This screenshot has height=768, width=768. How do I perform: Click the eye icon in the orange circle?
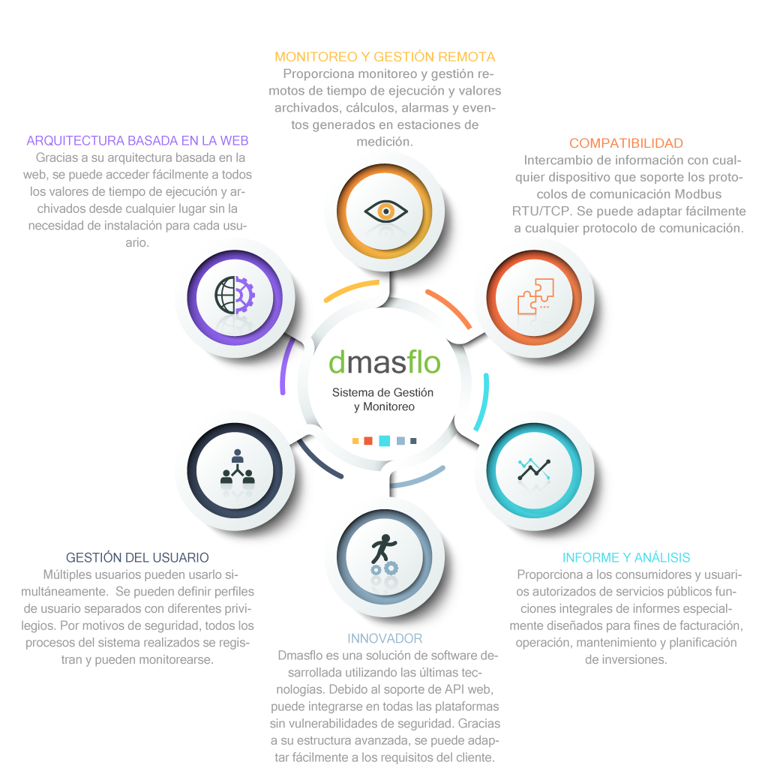tap(385, 211)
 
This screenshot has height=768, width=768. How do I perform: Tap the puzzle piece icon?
tap(535, 296)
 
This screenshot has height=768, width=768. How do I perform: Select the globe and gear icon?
tap(235, 295)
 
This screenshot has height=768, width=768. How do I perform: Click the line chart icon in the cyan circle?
tap(534, 469)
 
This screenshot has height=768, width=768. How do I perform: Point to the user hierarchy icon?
tap(238, 466)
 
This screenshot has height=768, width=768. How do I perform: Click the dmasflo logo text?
tap(385, 362)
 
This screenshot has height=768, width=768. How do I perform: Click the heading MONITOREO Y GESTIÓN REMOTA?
tap(385, 57)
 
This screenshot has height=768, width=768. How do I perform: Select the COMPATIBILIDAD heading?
tap(626, 143)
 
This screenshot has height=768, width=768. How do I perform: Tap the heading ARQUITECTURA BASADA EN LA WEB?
tap(138, 140)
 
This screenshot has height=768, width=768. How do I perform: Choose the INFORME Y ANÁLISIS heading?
tap(626, 557)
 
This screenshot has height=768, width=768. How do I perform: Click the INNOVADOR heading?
tap(385, 638)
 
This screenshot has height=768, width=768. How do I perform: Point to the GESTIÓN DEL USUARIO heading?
tap(137, 557)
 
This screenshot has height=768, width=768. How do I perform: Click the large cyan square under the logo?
tap(385, 441)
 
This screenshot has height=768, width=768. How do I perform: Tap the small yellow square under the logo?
tap(355, 441)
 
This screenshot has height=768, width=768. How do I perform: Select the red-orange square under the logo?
tap(368, 441)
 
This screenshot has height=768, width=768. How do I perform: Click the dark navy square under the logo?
tap(413, 441)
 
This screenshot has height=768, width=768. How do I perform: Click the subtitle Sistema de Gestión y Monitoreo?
tap(383, 400)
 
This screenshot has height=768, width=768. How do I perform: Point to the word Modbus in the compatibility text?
tap(698, 194)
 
